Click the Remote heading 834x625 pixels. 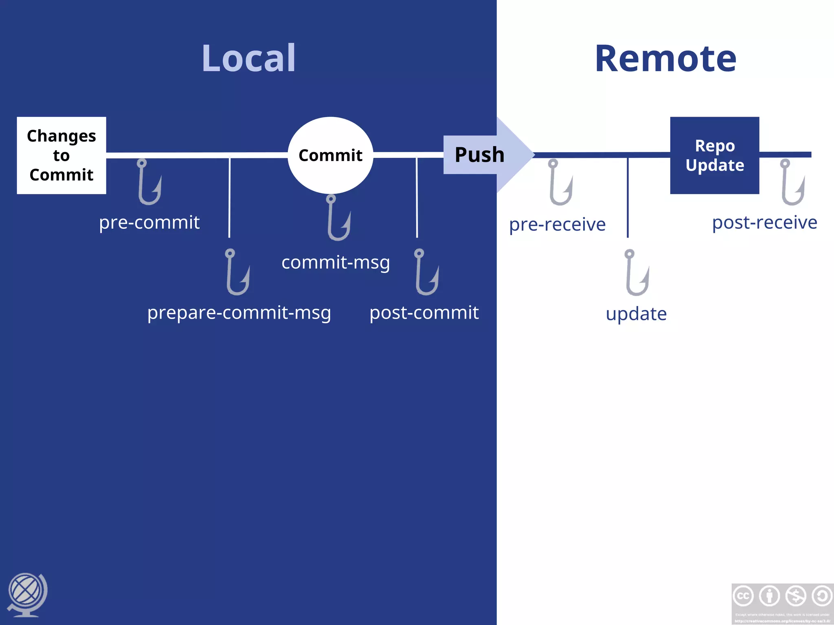[x=665, y=59]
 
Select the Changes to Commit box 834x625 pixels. [x=61, y=155]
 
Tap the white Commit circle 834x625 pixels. [x=330, y=155]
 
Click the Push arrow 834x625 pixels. [x=485, y=155]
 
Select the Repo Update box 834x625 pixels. [x=715, y=155]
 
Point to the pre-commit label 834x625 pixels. [x=149, y=223]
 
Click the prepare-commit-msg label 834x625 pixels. [x=239, y=313]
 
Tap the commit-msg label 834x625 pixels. [x=336, y=262]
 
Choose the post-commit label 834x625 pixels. [x=424, y=313]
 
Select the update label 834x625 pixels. [x=636, y=314]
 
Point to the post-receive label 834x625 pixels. [x=764, y=223]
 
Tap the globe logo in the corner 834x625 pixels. [x=27, y=594]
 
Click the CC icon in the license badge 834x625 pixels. [x=743, y=596]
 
